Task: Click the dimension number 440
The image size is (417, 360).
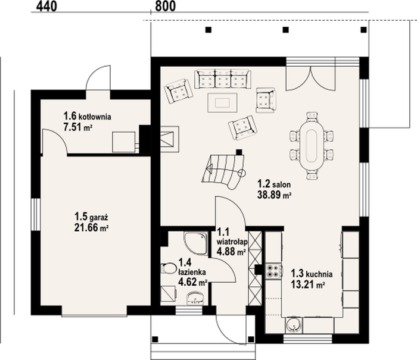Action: click(x=46, y=6)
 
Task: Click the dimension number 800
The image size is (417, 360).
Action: click(x=165, y=6)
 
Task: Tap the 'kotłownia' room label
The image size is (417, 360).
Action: click(x=95, y=117)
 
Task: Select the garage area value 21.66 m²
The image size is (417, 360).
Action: click(x=91, y=228)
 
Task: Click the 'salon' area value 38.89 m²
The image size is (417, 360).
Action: click(x=274, y=195)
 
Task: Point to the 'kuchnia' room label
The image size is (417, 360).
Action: click(x=319, y=274)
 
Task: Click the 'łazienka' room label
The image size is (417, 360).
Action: click(x=192, y=272)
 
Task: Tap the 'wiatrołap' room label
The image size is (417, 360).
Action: click(x=232, y=242)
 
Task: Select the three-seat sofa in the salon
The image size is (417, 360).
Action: click(x=223, y=79)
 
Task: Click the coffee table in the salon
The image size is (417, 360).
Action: click(x=222, y=102)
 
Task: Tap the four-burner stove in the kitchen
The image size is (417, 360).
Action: click(x=273, y=271)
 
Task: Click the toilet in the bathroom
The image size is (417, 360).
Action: click(x=169, y=268)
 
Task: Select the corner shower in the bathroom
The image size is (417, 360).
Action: click(x=196, y=243)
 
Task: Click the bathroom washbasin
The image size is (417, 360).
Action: click(x=195, y=298)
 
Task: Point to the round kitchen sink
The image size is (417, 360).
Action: click(x=293, y=324)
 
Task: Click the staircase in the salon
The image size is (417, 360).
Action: click(x=223, y=170)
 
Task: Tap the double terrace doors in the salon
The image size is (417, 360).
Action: click(x=310, y=79)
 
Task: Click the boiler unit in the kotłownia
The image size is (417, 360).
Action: click(x=124, y=142)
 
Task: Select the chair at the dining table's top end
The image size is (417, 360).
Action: click(x=312, y=117)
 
